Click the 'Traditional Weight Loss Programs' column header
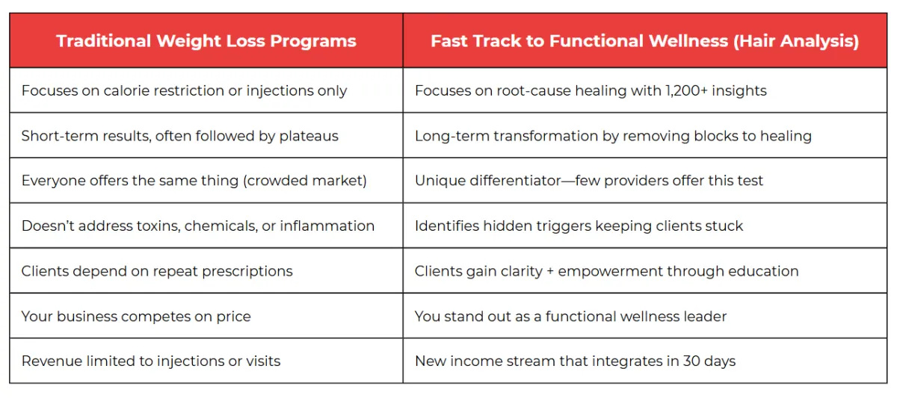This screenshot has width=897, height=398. coord(206,41)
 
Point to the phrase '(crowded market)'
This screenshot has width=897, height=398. coord(305,181)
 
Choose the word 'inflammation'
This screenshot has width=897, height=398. coord(327,226)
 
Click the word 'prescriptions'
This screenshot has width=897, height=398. coord(247,272)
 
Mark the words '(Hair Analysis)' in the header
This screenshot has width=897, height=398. coord(796,41)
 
